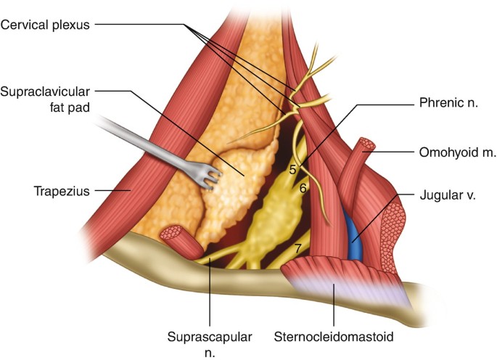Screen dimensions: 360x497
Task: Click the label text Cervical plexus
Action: pos(44,24)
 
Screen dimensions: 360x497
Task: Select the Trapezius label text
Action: pos(59,192)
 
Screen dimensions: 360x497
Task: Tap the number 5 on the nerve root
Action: pos(292,171)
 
